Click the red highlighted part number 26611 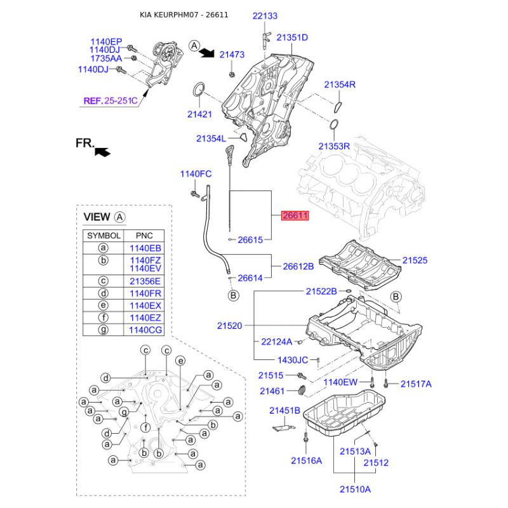pos(295,216)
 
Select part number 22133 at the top pos(265,16)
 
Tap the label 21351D pos(292,37)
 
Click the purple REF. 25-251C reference pos(110,100)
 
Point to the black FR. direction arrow pos(102,150)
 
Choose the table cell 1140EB pos(145,248)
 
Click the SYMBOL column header pos(104,235)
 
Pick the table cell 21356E pos(145,281)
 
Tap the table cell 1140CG pos(145,330)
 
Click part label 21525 pos(415,260)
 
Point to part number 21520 pos(229,326)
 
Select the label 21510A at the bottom pos(354,489)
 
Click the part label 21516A pos(307,460)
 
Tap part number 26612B pos(298,267)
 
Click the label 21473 pos(232,55)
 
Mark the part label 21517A pos(416,384)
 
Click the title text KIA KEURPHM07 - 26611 pos(184,15)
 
